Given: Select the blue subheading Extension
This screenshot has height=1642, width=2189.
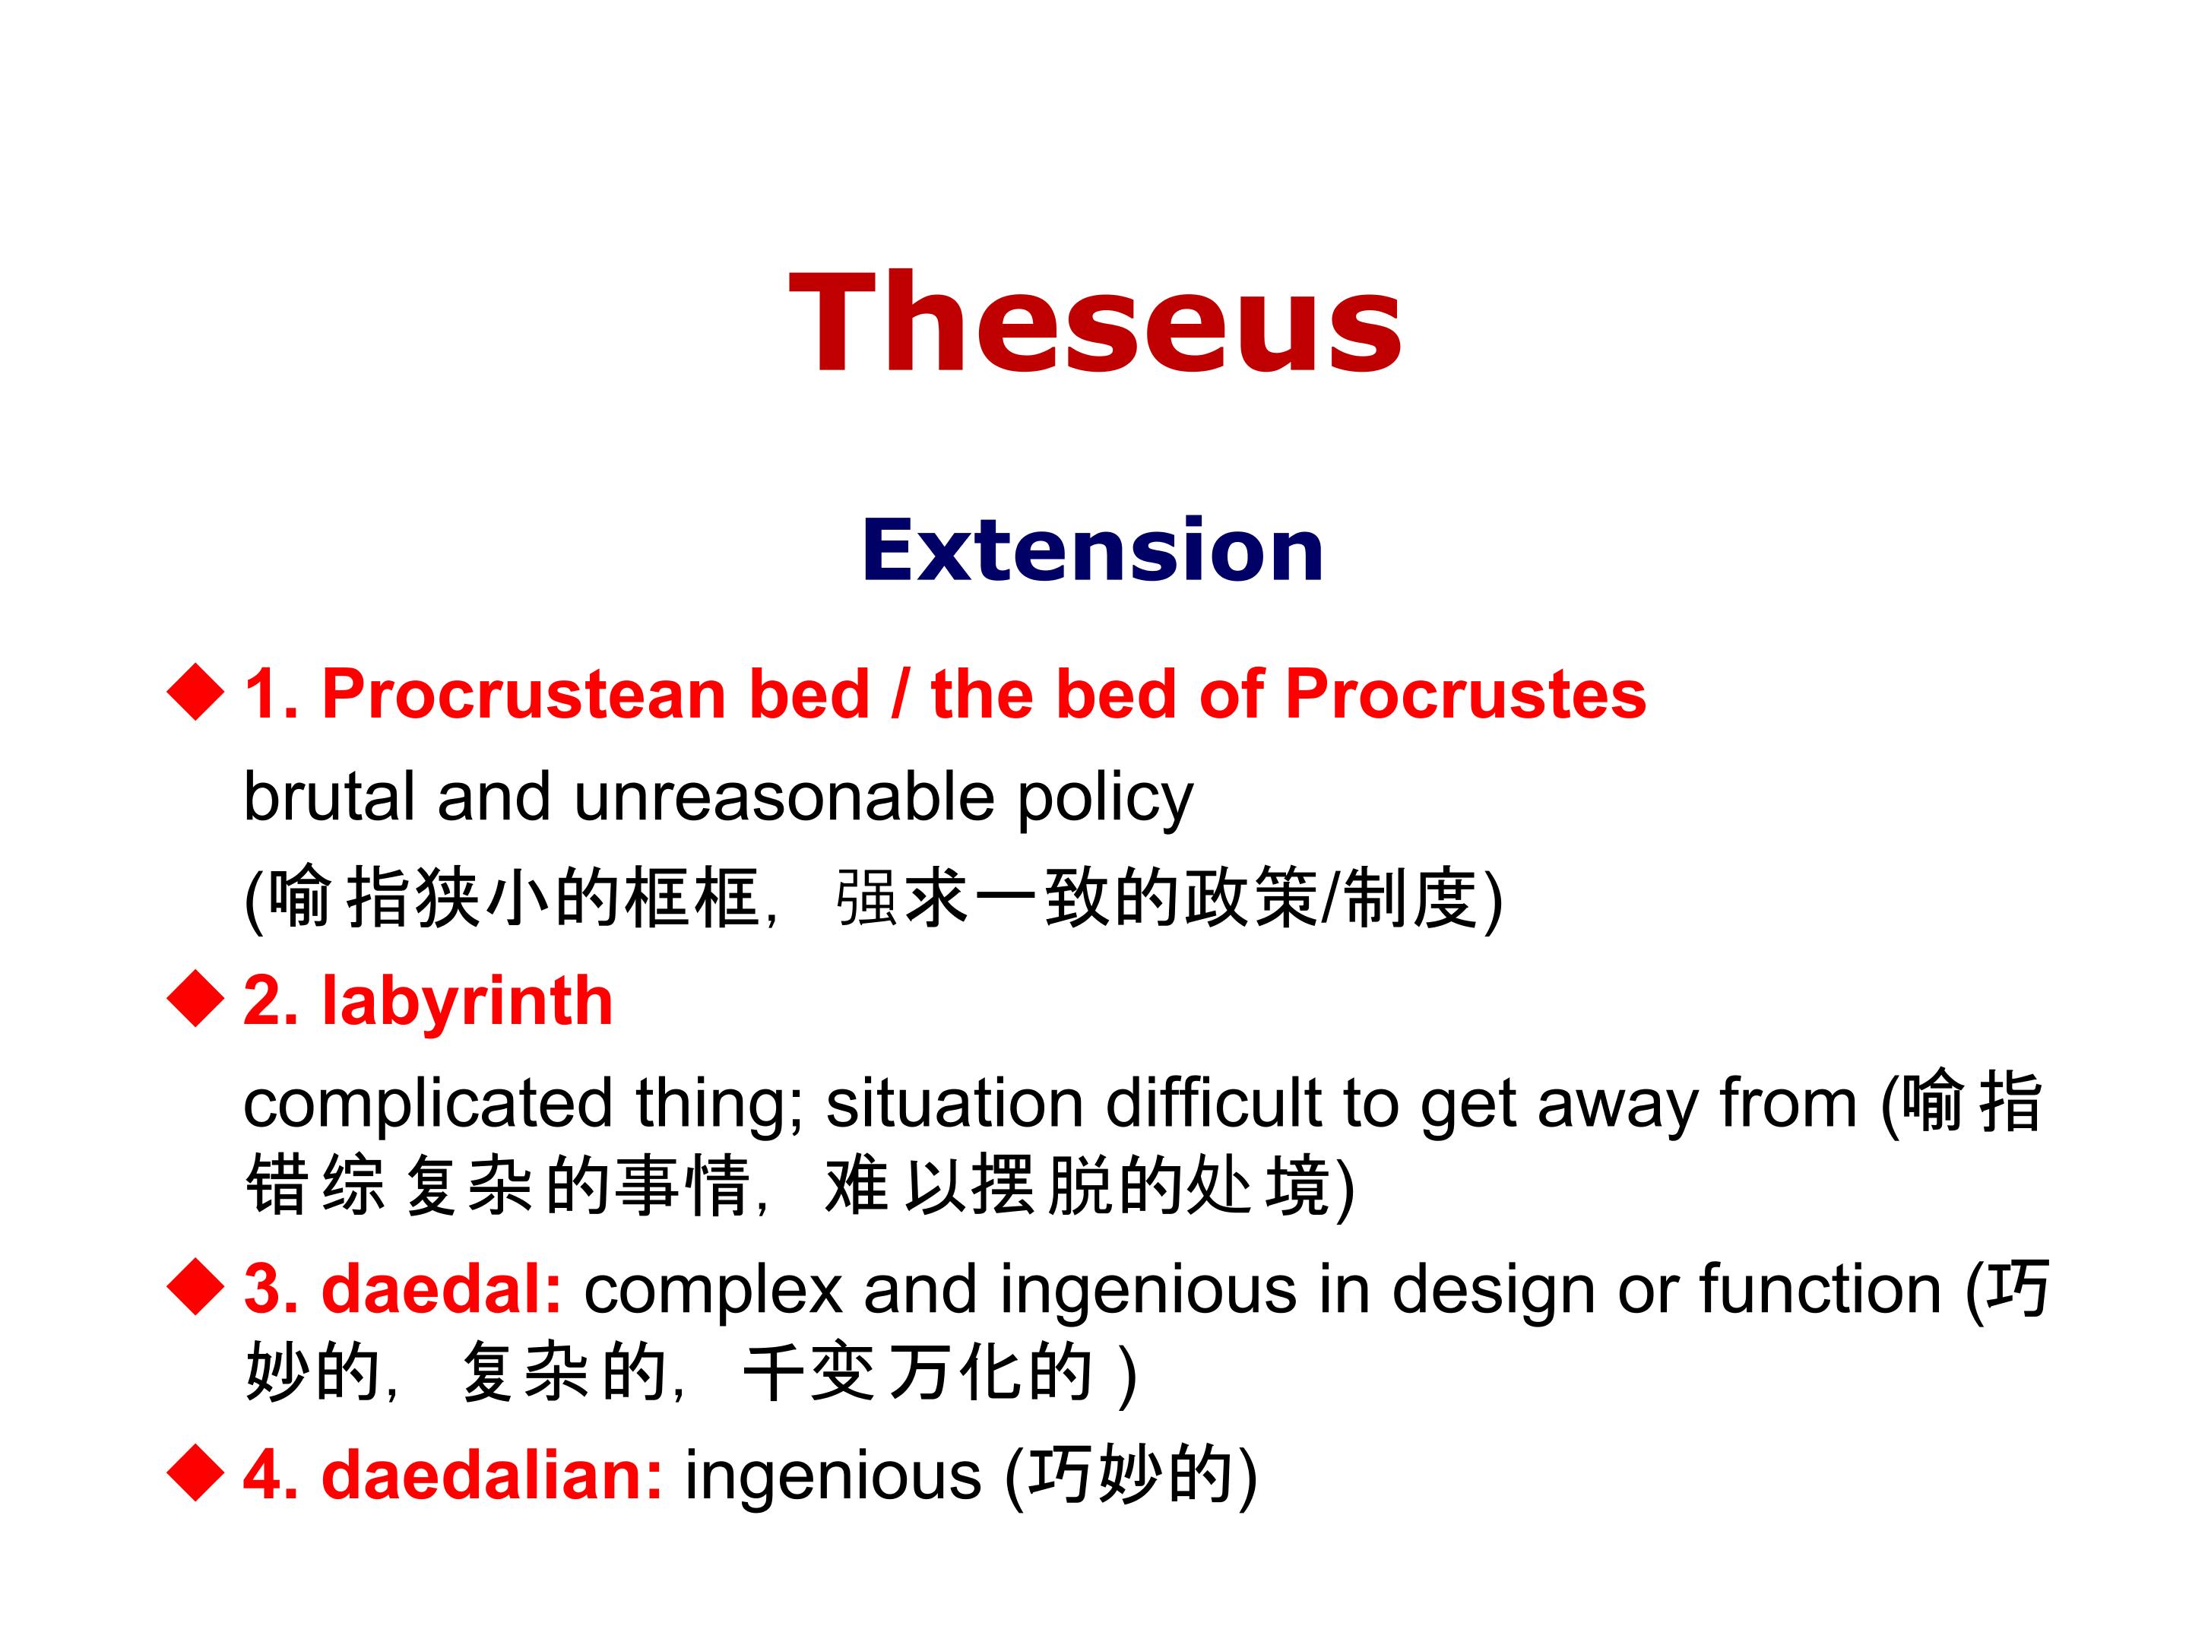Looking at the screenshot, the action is pos(1092,550).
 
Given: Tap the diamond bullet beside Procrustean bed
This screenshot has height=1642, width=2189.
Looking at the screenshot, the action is pos(196,691).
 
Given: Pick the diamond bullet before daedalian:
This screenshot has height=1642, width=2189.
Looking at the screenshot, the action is pos(196,1472).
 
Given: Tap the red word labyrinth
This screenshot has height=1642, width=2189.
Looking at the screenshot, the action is pos(467,1002).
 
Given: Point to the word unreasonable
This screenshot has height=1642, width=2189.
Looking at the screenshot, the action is pos(784,796).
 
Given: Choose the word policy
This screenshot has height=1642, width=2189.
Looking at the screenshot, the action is pos(1105,800).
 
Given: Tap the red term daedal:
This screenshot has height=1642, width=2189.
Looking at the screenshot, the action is pos(442,1289).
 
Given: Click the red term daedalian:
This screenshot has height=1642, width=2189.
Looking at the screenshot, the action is pos(492,1475).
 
